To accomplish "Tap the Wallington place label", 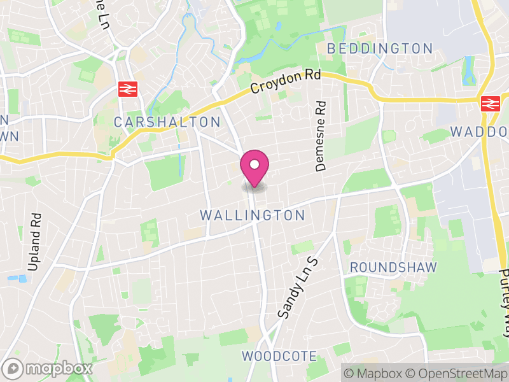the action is click(x=253, y=215).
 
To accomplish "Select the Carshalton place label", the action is click(x=167, y=122).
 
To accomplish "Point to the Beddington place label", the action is click(x=379, y=48).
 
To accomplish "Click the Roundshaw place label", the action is click(x=393, y=267).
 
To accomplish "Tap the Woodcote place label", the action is click(x=279, y=356).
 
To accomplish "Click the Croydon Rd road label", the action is click(x=286, y=81).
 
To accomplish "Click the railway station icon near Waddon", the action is click(x=489, y=103).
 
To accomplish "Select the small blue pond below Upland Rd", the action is click(x=22, y=278).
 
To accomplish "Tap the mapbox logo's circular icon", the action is click(x=13, y=369).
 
